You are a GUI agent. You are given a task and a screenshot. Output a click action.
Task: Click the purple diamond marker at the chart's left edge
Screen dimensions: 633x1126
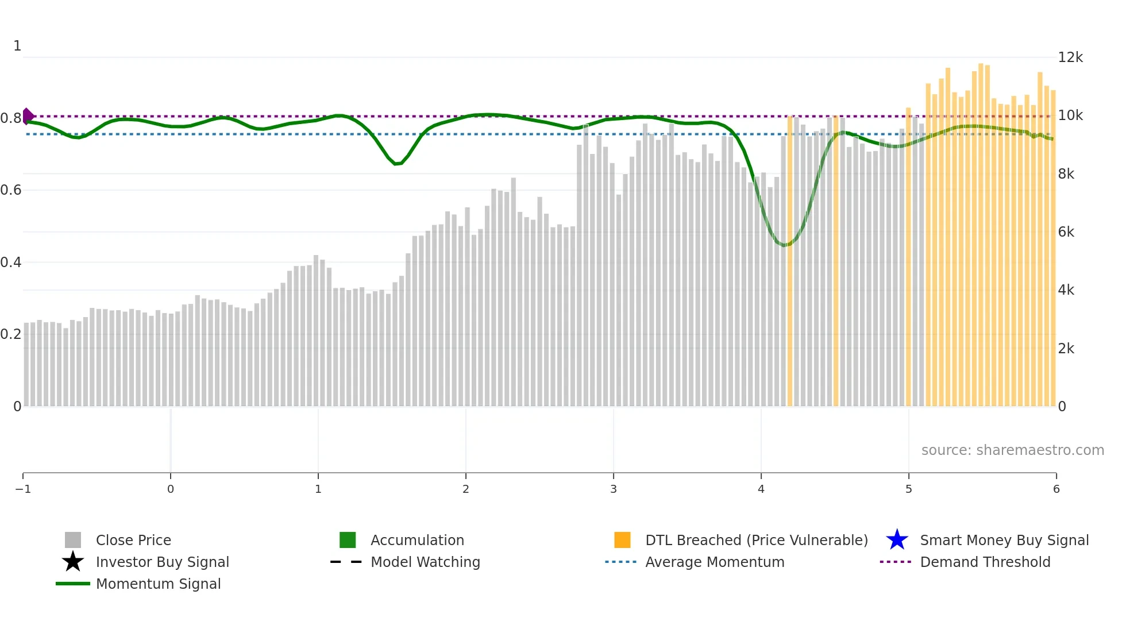28,116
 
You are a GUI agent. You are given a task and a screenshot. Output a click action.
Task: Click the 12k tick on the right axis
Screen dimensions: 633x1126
1070,57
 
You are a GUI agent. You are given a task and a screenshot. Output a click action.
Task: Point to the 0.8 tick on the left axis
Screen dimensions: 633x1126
11,118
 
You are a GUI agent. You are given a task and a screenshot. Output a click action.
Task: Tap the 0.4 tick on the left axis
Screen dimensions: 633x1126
11,263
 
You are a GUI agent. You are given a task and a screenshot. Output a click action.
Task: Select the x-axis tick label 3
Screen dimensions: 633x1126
613,489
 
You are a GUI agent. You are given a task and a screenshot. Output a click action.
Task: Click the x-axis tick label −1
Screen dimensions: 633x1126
23,489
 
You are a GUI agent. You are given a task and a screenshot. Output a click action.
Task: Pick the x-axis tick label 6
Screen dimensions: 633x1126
1056,489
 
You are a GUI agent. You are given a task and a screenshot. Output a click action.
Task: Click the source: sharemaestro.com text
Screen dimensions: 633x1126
1012,450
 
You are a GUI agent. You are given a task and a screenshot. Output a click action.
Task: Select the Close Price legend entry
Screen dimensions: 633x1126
133,540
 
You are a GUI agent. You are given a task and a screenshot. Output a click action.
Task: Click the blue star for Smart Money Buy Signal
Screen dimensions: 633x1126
897,540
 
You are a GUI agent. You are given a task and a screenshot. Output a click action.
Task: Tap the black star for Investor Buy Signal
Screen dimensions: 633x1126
73,562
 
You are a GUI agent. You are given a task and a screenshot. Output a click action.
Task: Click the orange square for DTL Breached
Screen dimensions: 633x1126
622,540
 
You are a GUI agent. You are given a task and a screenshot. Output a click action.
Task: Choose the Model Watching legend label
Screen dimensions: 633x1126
425,562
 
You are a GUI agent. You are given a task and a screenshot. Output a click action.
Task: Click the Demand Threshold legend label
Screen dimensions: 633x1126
985,562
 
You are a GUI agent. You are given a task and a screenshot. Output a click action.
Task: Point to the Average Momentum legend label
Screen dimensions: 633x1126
715,562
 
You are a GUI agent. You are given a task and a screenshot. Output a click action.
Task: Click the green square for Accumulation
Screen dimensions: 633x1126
348,540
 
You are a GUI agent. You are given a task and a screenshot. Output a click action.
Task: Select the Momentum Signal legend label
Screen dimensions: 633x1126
158,584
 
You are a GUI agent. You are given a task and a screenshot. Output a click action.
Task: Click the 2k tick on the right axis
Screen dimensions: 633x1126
1066,349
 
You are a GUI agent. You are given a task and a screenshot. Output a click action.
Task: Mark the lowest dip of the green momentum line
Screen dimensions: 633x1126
784,245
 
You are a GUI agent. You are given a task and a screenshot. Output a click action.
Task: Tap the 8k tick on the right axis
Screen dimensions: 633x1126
1066,174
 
